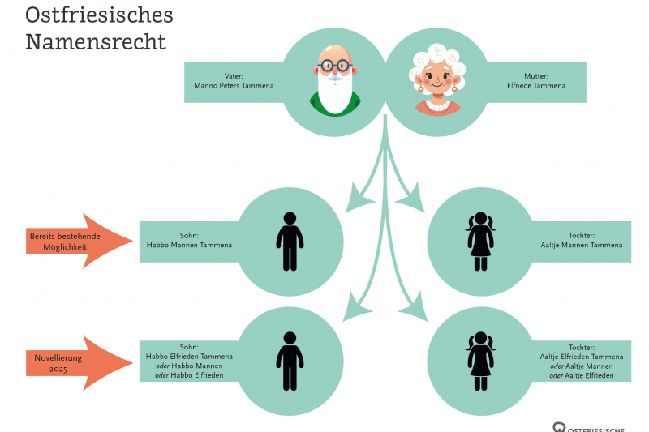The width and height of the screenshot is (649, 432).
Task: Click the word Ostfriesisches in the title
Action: (x=98, y=15)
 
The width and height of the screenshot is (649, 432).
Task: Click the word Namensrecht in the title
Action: (x=95, y=42)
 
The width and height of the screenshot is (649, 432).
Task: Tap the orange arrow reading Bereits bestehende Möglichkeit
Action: (x=73, y=239)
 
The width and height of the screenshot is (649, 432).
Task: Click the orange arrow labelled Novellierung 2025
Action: (x=73, y=358)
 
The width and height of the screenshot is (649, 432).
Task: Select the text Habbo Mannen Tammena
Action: (x=189, y=244)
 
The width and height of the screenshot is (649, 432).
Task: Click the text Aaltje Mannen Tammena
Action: (x=582, y=244)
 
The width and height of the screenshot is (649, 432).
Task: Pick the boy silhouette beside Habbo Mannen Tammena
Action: (x=289, y=242)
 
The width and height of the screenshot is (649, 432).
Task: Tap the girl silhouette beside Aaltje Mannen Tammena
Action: (x=480, y=242)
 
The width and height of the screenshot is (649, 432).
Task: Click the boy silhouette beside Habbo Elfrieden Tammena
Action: (x=289, y=361)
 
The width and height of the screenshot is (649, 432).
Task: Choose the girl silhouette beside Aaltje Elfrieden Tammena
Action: (x=480, y=361)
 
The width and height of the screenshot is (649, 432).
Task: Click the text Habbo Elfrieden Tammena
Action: (x=189, y=357)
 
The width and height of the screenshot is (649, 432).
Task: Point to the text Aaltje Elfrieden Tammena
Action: (x=582, y=357)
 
